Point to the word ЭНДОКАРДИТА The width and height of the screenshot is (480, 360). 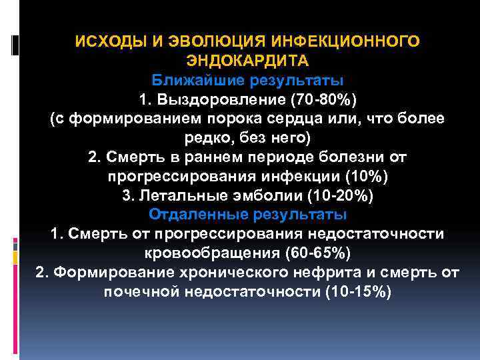pos(247,61)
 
